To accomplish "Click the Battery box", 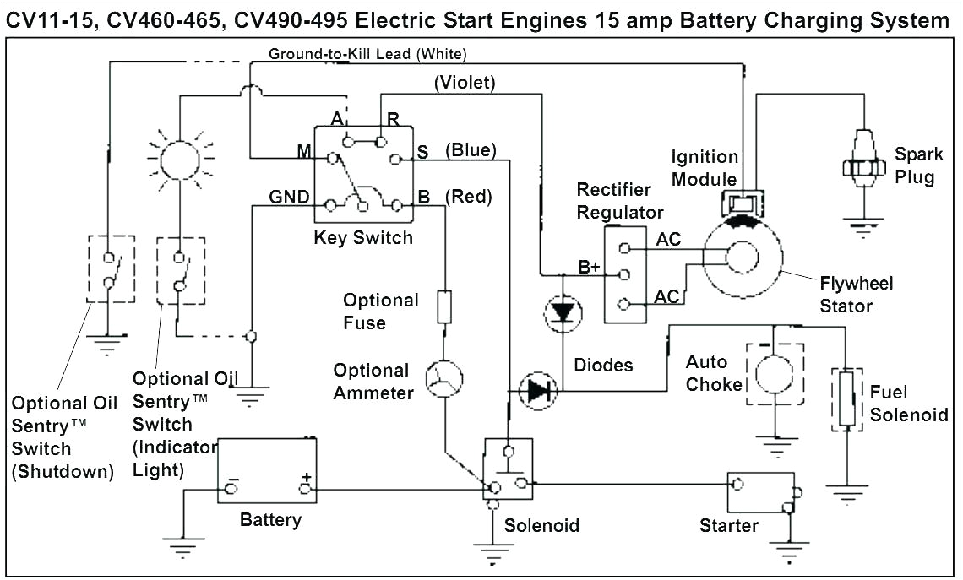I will (x=267, y=471).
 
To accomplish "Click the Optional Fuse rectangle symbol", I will (x=444, y=306).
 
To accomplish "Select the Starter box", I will (x=761, y=492).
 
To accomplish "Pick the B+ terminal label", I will (x=589, y=268).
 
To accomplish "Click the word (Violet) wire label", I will (x=464, y=83).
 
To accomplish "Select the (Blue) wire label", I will (x=471, y=150).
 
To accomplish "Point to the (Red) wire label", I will (x=468, y=197).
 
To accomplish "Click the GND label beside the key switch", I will (x=289, y=198).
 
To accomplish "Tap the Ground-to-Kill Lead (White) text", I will (x=367, y=55).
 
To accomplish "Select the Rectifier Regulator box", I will (x=625, y=274).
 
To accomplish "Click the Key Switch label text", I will (x=363, y=237).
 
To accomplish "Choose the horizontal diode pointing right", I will (x=537, y=391).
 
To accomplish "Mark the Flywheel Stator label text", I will (x=856, y=294).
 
